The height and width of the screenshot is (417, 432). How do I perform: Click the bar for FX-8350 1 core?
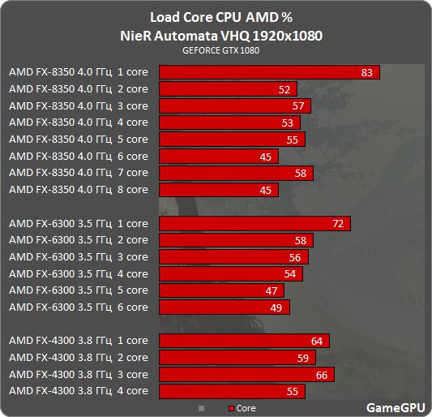(269, 72)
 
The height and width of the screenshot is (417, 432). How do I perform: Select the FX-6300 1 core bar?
(254, 223)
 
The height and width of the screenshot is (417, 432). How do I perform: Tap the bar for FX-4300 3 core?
(246, 374)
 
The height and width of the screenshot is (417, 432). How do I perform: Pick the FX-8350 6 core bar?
(219, 157)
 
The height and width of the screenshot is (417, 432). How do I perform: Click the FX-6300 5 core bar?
(221, 290)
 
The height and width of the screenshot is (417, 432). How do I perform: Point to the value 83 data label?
(367, 72)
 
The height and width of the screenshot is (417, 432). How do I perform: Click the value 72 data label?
(339, 223)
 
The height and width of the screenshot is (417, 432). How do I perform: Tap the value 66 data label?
(323, 374)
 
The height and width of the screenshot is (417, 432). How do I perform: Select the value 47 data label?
(272, 290)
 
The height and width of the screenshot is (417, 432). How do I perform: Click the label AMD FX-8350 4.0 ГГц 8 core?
(79, 190)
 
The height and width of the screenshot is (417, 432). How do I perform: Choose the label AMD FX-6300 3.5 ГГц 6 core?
(79, 307)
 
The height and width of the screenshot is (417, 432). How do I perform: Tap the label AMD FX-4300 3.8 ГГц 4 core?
(79, 391)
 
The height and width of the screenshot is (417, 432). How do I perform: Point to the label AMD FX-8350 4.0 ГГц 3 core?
(79, 106)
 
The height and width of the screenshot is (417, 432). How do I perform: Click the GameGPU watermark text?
(393, 407)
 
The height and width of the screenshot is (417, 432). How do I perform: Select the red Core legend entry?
(242, 408)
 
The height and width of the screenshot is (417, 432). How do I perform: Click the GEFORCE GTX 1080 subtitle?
(216, 50)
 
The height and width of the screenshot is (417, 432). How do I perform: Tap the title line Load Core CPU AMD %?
(216, 18)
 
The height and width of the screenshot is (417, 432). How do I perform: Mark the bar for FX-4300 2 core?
(237, 358)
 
